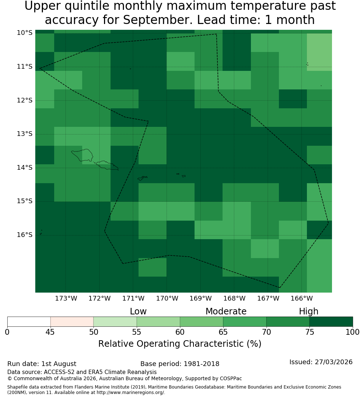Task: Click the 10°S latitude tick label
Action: tap(25, 33)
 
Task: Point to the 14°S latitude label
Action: tap(25, 168)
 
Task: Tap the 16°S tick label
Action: tap(25, 235)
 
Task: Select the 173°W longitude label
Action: tap(66, 298)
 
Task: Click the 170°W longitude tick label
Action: tap(167, 298)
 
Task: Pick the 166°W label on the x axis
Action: tap(301, 298)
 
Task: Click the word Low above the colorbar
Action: tap(138, 311)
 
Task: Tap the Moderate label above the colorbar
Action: tap(226, 311)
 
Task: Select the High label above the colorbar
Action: tap(308, 311)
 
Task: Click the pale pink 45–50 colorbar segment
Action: tap(72, 322)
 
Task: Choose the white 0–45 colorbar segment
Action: tap(29, 322)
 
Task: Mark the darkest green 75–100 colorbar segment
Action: tap(331, 322)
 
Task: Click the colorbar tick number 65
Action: tap(223, 332)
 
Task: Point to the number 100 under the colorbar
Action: tap(353, 332)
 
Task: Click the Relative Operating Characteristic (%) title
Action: tap(180, 344)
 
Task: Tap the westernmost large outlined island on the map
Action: tap(82, 155)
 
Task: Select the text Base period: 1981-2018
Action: tap(180, 364)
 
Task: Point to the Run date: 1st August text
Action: tap(41, 364)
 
